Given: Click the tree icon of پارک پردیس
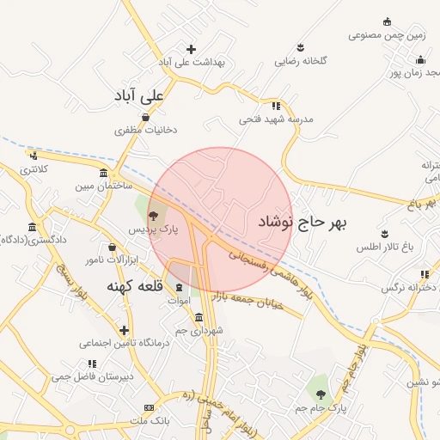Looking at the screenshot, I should click(153, 216).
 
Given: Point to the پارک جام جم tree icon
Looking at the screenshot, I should click(321, 394).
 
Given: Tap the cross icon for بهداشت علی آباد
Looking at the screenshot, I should click(191, 49).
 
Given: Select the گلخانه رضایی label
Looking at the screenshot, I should click(297, 61).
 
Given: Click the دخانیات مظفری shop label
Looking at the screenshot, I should click(146, 131).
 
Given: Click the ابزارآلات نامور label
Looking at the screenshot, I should click(105, 259).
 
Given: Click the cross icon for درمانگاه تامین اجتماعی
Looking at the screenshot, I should click(125, 330).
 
